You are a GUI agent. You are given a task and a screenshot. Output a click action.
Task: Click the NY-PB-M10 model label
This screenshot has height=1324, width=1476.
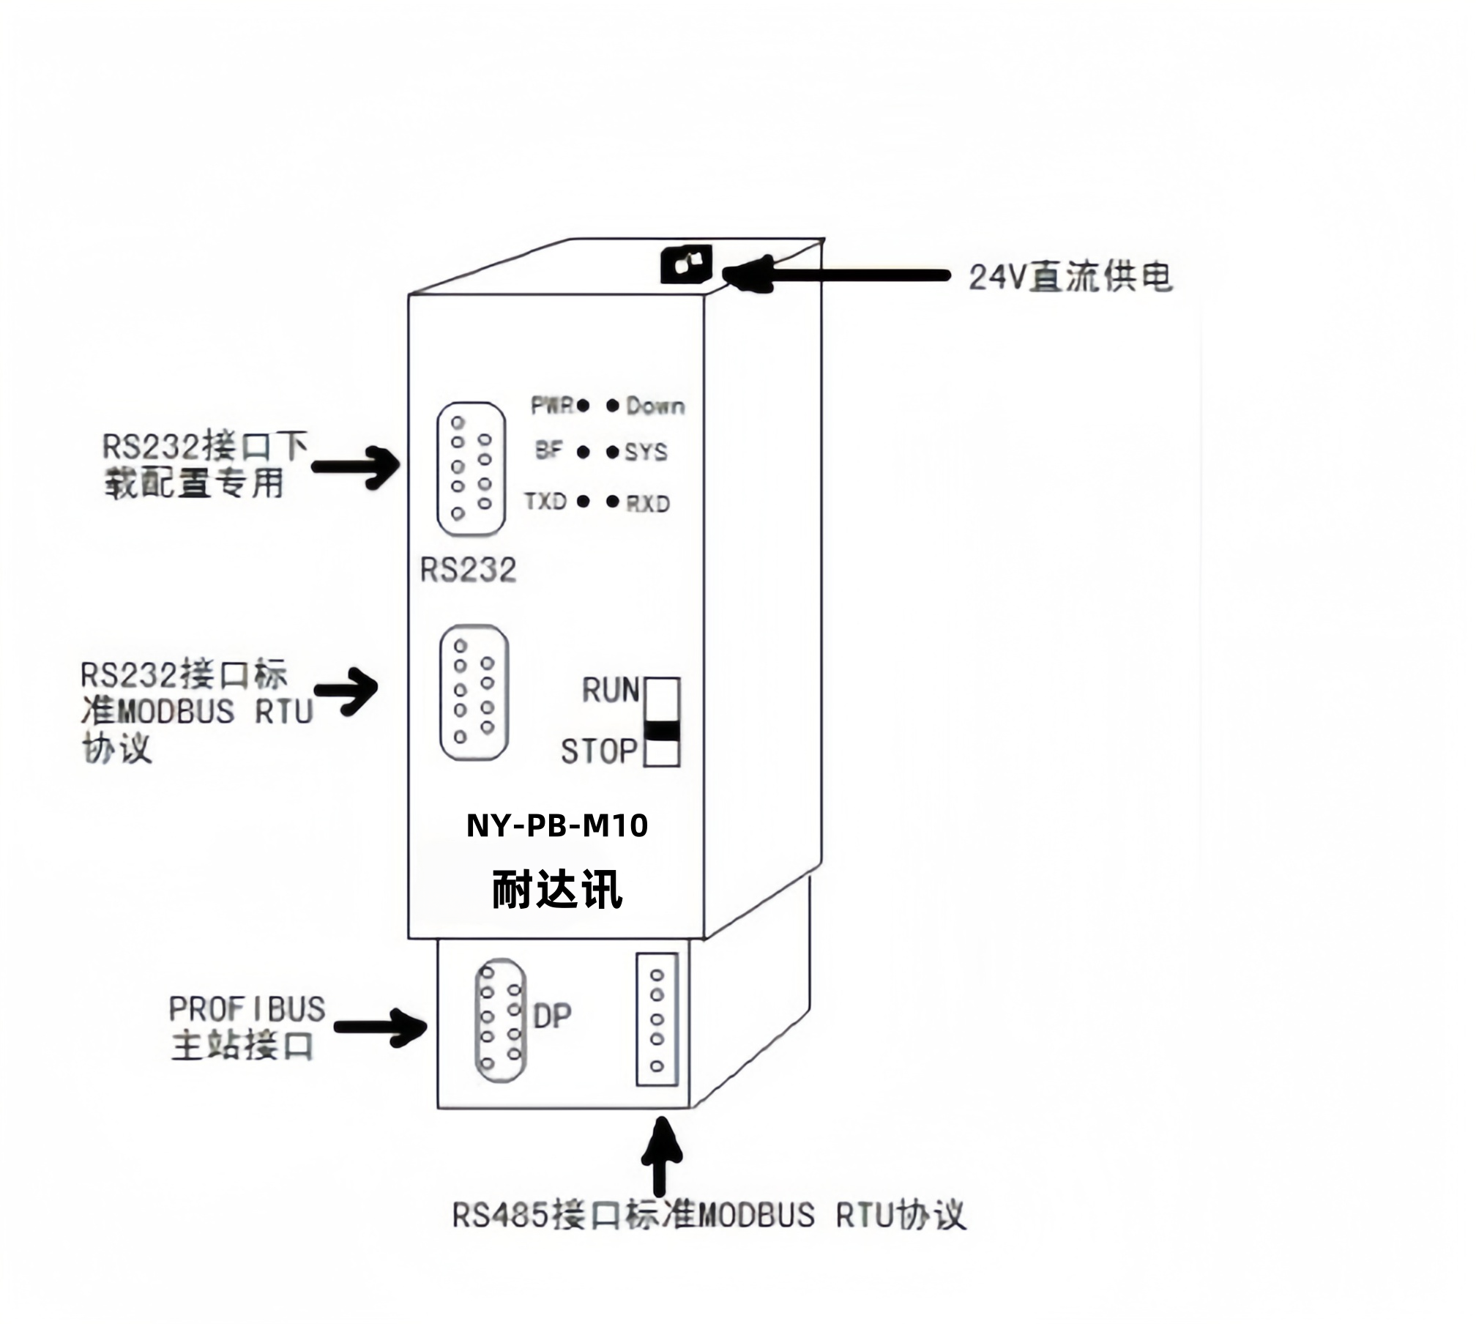click(x=557, y=826)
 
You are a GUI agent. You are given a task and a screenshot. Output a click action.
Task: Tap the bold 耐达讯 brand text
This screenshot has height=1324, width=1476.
click(x=557, y=890)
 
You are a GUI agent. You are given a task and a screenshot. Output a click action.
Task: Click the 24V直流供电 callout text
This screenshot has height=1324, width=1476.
click(x=1070, y=278)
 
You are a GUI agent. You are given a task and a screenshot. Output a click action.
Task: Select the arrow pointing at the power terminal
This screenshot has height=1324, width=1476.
click(x=835, y=275)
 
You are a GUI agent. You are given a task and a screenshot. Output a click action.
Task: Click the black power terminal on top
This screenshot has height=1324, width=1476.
click(x=686, y=264)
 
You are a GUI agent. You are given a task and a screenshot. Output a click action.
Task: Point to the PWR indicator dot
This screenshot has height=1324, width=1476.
click(x=584, y=405)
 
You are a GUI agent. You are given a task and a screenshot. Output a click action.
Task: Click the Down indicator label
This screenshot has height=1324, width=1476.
click(x=656, y=406)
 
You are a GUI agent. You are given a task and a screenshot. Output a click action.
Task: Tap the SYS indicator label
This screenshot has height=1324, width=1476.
click(x=646, y=452)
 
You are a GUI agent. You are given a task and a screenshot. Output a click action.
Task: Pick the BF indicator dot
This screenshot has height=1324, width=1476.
click(x=584, y=452)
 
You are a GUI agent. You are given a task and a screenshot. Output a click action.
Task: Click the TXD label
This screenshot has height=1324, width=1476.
click(x=545, y=502)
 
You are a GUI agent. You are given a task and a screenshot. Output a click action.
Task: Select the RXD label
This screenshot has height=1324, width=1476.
click(x=648, y=504)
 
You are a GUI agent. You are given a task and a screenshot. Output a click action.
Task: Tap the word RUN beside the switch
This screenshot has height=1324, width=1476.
click(x=611, y=691)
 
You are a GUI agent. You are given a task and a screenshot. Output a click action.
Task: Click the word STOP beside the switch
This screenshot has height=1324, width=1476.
click(x=599, y=751)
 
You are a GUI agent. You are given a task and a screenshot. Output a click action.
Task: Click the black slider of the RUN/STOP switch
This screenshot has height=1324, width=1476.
click(x=662, y=731)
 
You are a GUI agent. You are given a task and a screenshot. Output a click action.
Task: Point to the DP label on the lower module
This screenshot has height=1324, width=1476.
click(x=552, y=1016)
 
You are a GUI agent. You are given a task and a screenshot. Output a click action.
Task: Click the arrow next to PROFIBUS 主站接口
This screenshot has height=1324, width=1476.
click(x=380, y=1027)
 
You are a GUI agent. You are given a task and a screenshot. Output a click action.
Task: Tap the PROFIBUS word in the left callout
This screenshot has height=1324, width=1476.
click(x=247, y=1009)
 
